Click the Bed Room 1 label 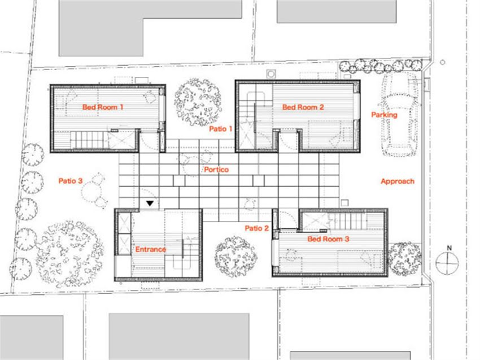[x=103, y=107]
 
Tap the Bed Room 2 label [x=303, y=107]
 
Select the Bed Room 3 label [x=328, y=239]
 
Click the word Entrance [x=151, y=249]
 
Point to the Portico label [x=216, y=170]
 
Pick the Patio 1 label [x=220, y=129]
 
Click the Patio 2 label [x=256, y=228]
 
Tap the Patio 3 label [x=71, y=181]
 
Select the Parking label [x=384, y=115]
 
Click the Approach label [x=398, y=181]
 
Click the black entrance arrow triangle [x=150, y=203]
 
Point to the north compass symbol [x=447, y=263]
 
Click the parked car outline [x=399, y=115]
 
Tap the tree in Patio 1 [x=198, y=102]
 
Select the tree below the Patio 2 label [x=235, y=257]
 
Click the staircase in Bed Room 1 [x=89, y=140]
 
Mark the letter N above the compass [x=449, y=248]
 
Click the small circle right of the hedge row [x=442, y=62]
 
